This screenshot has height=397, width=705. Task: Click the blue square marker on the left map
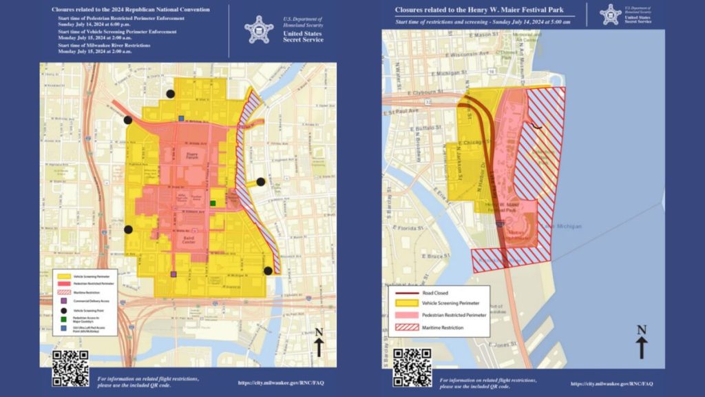181,119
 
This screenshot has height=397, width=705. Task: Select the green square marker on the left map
213,203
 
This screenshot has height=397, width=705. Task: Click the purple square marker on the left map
173,274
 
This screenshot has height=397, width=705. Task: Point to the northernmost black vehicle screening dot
170,94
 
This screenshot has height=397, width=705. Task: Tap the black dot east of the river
261,182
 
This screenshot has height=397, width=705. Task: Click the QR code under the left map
70,367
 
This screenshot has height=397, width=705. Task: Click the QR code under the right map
412,367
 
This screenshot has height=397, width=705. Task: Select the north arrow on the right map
641,342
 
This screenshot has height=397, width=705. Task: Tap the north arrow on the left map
319,342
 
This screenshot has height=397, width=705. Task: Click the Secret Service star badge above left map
259,29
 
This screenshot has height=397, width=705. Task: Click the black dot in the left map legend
63,311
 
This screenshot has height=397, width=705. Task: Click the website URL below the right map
609,383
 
